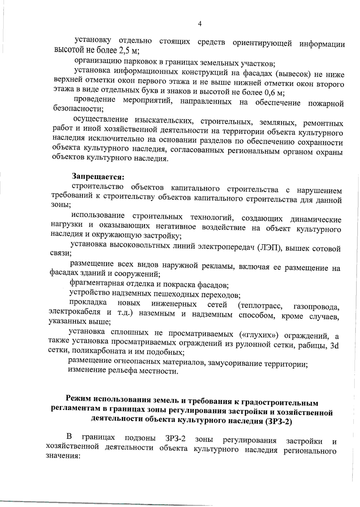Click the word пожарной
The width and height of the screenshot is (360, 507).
(326, 103)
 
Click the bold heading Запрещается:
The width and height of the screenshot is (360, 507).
(98, 177)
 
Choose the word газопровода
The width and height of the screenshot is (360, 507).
(316, 307)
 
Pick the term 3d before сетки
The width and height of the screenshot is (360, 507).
(334, 345)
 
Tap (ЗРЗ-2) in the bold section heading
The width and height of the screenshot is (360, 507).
(278, 421)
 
